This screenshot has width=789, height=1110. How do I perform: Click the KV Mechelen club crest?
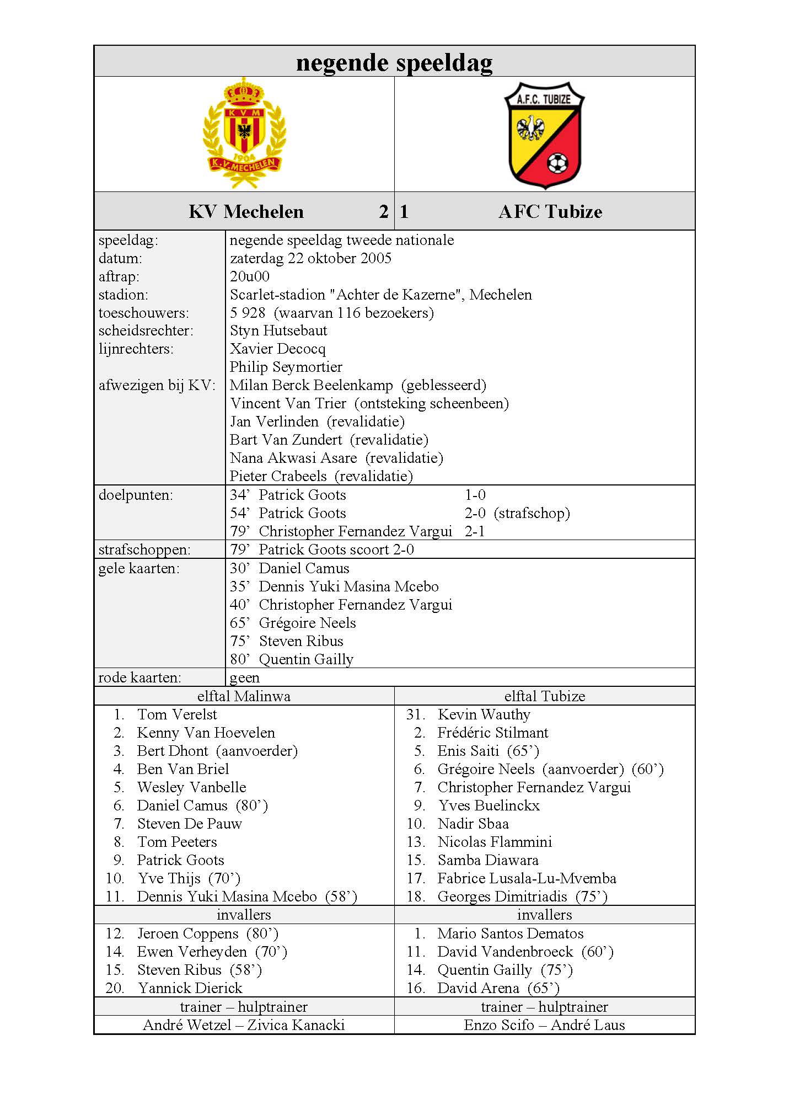point(244,134)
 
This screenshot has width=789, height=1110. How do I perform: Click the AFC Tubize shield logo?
point(544,135)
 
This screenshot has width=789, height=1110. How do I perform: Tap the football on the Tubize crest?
point(557,163)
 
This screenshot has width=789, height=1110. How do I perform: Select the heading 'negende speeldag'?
point(394,62)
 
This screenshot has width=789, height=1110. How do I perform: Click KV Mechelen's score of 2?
point(384,211)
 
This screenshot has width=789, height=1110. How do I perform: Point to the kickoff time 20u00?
point(250,276)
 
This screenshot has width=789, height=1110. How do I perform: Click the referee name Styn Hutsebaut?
point(278,330)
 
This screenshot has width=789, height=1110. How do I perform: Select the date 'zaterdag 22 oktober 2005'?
point(310,258)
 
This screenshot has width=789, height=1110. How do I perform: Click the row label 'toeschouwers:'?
point(143,313)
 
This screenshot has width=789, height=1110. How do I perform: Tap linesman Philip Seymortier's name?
point(286,367)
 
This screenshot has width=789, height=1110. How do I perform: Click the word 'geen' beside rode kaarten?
point(244,677)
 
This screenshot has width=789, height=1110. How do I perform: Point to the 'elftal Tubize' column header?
point(544,696)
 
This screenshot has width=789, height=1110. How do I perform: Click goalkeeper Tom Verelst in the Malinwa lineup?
point(177,714)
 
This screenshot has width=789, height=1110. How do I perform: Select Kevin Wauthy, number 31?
point(484,714)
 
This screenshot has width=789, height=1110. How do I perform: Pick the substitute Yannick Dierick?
point(190,988)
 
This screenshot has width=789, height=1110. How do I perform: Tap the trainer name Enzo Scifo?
point(498,1025)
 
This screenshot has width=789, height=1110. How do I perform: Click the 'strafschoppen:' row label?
point(144,549)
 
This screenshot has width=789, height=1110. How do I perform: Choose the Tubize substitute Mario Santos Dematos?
point(510,933)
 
